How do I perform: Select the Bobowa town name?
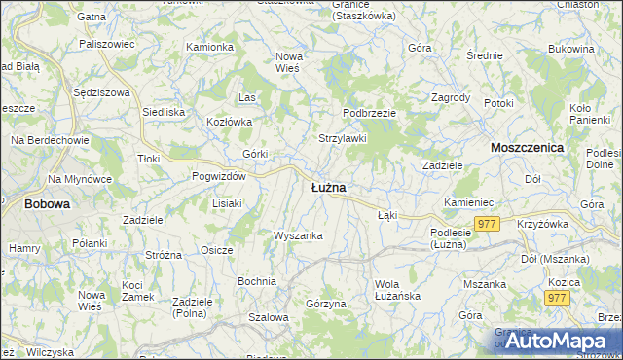pos(47,204)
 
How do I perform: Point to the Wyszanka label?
pos(298,235)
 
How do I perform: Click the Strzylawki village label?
pos(343,138)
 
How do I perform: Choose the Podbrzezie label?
pos(369,113)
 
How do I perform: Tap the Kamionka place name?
pos(209,47)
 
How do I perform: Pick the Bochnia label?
pos(257,281)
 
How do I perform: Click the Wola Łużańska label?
pos(396,290)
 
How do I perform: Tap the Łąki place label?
pos(387,215)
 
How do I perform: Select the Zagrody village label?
pos(451,98)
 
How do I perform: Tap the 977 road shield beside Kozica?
pos(557,299)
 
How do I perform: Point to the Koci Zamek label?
pos(132,290)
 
